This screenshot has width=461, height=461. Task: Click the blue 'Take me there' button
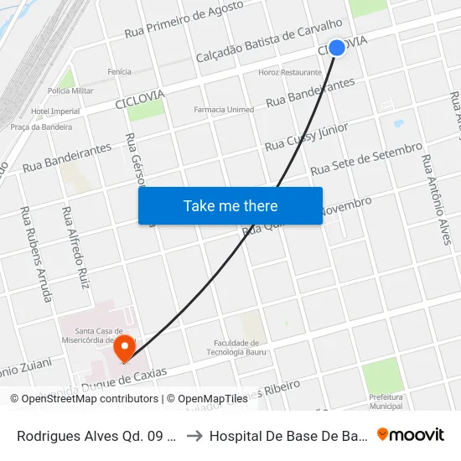(x=230, y=205)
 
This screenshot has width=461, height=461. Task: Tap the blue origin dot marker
(x=337, y=48)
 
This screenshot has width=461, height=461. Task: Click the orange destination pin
(x=125, y=348)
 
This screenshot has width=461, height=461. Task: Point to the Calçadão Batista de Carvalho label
(x=268, y=41)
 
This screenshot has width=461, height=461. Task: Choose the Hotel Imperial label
(x=55, y=111)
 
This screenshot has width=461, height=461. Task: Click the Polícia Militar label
(x=70, y=91)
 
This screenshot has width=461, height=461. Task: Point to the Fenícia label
(x=119, y=72)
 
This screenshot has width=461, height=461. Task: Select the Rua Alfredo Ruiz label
(x=75, y=248)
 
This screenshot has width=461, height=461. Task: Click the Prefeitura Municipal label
(x=386, y=401)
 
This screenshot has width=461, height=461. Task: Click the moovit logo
(x=411, y=434)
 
